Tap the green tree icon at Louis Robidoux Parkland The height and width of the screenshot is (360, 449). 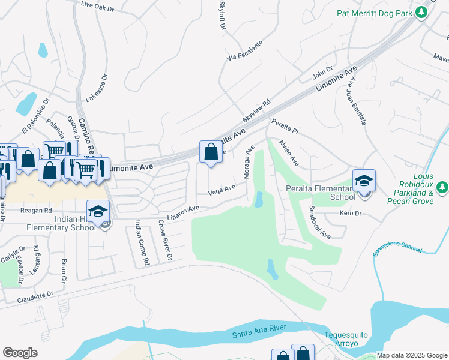pos(443,187)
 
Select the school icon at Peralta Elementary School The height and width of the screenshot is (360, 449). pos(364,181)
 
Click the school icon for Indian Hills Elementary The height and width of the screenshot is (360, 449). pos(98,211)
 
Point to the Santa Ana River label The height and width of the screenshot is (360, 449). pos(263,329)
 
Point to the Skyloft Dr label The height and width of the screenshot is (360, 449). pos(223,16)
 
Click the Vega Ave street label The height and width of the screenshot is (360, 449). pos(221,190)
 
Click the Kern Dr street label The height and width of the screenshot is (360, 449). pos(350,214)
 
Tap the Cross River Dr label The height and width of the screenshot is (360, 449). pos(164,239)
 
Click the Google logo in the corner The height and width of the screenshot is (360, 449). pos(20,353)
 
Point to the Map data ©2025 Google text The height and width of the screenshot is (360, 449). pos(411,355)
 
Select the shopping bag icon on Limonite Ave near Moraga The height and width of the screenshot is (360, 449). pos(211,152)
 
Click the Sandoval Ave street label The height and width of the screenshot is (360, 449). pos(319,223)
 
